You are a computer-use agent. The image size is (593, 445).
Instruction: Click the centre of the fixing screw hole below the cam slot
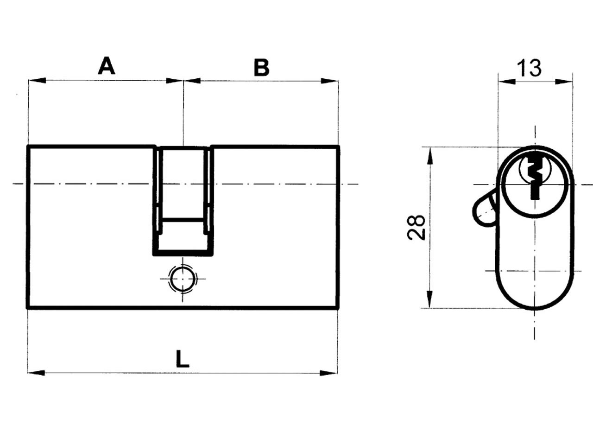(x=183, y=279)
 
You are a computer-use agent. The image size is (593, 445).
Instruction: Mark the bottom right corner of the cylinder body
(x=338, y=307)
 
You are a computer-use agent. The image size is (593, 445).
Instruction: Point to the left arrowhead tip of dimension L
(x=27, y=373)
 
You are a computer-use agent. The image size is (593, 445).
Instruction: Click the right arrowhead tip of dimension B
(x=339, y=81)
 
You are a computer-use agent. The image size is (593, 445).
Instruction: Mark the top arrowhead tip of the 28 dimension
(x=430, y=147)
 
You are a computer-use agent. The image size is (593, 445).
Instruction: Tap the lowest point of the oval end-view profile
(x=535, y=309)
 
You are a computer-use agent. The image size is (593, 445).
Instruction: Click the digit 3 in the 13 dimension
(x=534, y=68)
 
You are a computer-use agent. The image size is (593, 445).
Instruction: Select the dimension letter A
(x=107, y=65)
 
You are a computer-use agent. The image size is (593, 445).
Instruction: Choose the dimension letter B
(x=261, y=67)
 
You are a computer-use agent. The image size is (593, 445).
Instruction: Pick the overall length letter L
(x=183, y=359)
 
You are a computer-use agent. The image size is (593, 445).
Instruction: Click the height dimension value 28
(x=416, y=227)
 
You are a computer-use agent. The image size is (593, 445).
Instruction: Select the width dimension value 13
(x=529, y=68)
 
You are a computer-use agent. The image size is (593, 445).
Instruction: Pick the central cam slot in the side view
(x=183, y=201)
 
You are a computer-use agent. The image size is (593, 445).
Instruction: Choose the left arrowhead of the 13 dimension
(x=506, y=81)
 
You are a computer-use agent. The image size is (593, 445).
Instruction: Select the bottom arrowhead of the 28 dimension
(x=430, y=299)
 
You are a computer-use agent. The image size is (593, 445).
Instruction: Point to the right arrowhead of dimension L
(x=328, y=373)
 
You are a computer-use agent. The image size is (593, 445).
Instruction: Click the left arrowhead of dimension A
(x=37, y=80)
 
